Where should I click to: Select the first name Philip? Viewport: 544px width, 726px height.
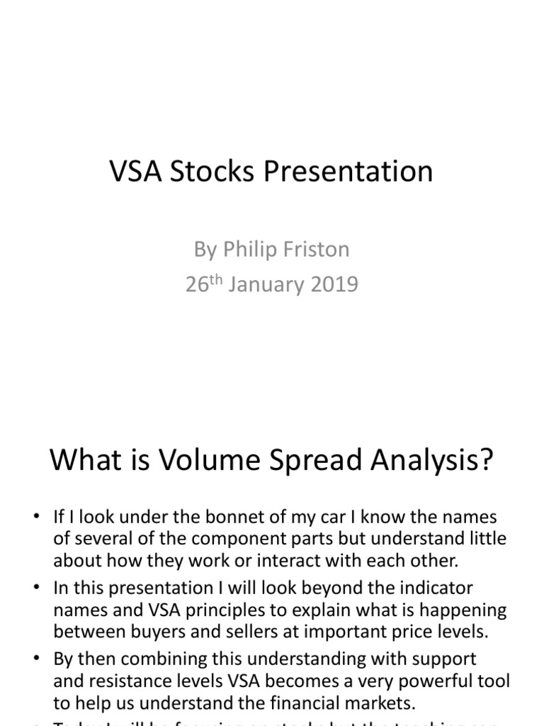(249, 250)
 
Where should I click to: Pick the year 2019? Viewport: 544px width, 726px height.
(333, 285)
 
